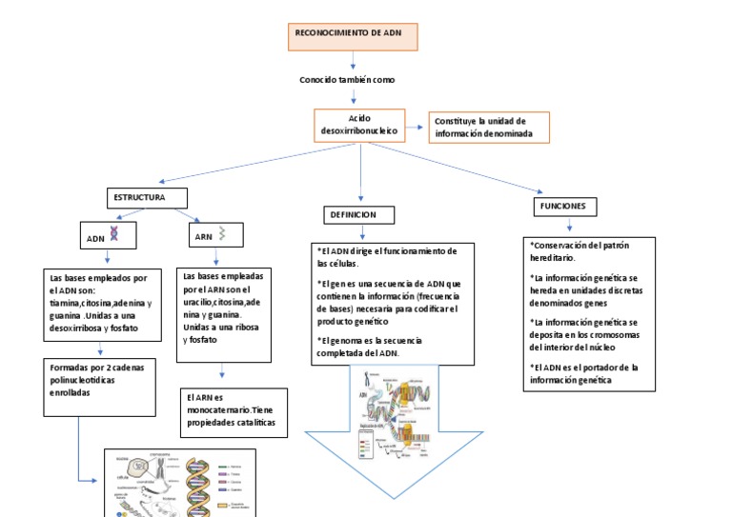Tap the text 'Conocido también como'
347,80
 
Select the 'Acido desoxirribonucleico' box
359,126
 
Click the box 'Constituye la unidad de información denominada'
489,128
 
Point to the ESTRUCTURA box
146,198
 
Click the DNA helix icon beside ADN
115,233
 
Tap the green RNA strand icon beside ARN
222,232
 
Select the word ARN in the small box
203,238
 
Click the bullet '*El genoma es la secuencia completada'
370,347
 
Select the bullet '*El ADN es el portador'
583,373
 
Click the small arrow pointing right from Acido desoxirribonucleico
417,128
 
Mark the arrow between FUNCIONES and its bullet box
569,226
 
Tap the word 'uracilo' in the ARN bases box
202,302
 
